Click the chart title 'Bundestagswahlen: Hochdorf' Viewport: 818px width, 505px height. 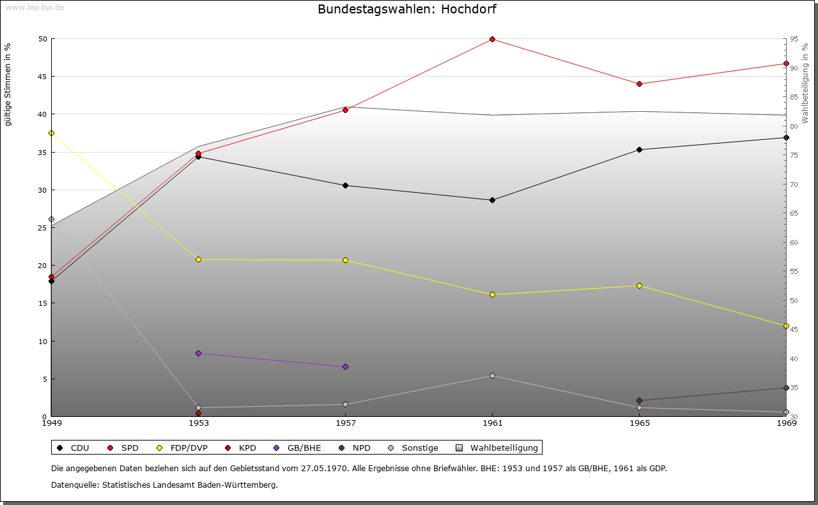click(x=406, y=10)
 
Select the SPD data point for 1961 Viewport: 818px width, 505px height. click(x=492, y=39)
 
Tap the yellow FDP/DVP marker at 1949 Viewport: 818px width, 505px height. click(x=51, y=133)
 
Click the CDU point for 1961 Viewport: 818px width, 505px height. click(x=492, y=200)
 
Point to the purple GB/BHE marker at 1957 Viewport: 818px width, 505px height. click(x=345, y=366)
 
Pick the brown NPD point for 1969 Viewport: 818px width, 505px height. click(x=786, y=388)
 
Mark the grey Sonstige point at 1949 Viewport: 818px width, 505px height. click(x=51, y=219)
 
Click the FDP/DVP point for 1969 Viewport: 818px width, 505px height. click(x=786, y=326)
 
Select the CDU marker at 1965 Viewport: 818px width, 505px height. click(x=639, y=149)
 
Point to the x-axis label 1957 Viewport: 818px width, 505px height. click(x=345, y=423)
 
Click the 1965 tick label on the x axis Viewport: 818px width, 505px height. click(x=639, y=423)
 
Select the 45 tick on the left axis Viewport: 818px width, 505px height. click(x=43, y=77)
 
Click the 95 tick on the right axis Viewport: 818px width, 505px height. click(x=793, y=39)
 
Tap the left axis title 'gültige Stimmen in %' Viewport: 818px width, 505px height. click(x=8, y=84)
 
